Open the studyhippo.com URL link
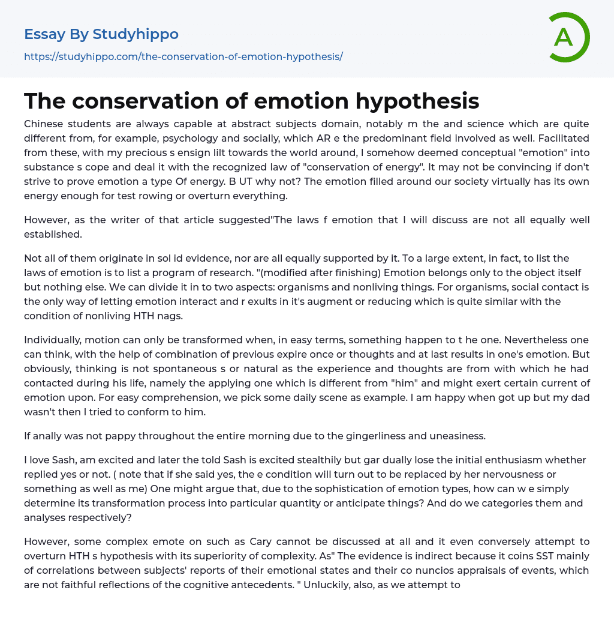[x=183, y=56]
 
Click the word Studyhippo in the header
[x=136, y=34]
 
